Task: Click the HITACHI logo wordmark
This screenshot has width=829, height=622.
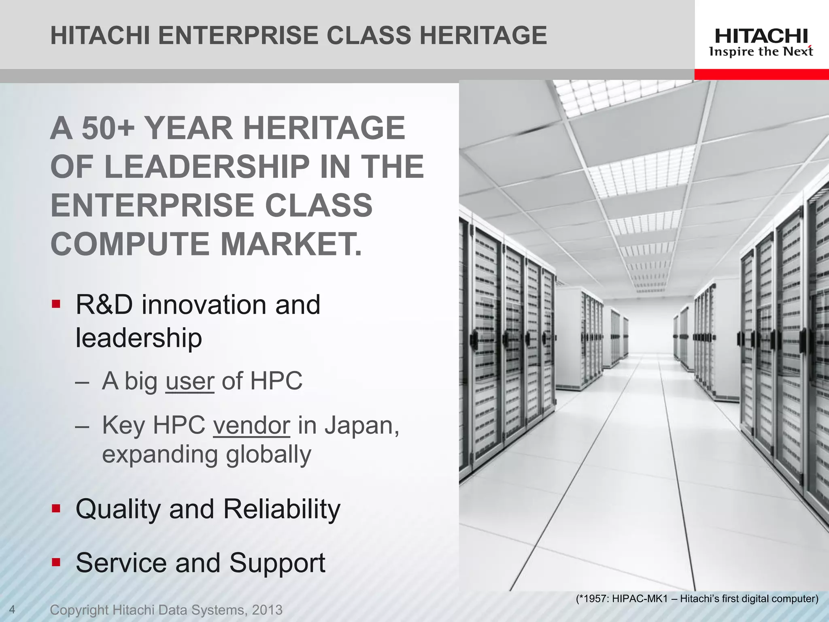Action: tap(761, 36)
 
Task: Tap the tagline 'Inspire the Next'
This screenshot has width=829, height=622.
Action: tap(761, 52)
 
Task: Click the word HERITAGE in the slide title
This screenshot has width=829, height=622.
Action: tap(483, 35)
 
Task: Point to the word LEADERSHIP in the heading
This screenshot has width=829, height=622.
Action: tap(206, 166)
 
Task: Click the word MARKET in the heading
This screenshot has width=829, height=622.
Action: tap(288, 244)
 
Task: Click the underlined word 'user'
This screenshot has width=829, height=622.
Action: tap(190, 381)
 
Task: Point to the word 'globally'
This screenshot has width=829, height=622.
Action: tap(268, 454)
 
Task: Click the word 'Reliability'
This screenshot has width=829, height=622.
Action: tap(282, 509)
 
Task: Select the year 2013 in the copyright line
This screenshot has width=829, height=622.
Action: tap(267, 610)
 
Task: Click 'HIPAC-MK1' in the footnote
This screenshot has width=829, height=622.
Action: tap(639, 599)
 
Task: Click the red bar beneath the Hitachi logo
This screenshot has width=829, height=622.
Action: tap(761, 75)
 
